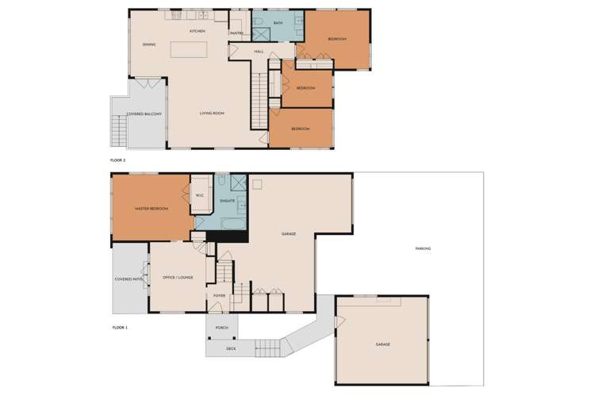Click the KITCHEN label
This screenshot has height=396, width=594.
click(197, 31)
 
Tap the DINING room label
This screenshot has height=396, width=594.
click(149, 44)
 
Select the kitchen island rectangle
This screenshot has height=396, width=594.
click(189, 49)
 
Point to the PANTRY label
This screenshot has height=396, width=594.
click(236, 33)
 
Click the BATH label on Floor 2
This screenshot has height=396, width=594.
click(278, 24)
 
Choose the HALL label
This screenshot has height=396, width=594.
click(259, 52)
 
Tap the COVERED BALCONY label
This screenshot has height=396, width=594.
click(144, 113)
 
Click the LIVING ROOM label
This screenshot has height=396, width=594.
click(212, 113)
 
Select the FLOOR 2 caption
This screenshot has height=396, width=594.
click(118, 160)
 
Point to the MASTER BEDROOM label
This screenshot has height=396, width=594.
click(151, 209)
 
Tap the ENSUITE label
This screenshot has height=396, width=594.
click(228, 202)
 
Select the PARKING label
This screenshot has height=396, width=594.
click(423, 248)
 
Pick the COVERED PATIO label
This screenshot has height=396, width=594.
click(129, 279)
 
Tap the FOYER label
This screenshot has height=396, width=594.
click(220, 295)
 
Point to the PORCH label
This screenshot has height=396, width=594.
click(222, 328)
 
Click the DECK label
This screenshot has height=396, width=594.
click(231, 348)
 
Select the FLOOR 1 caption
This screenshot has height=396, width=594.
click(120, 326)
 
